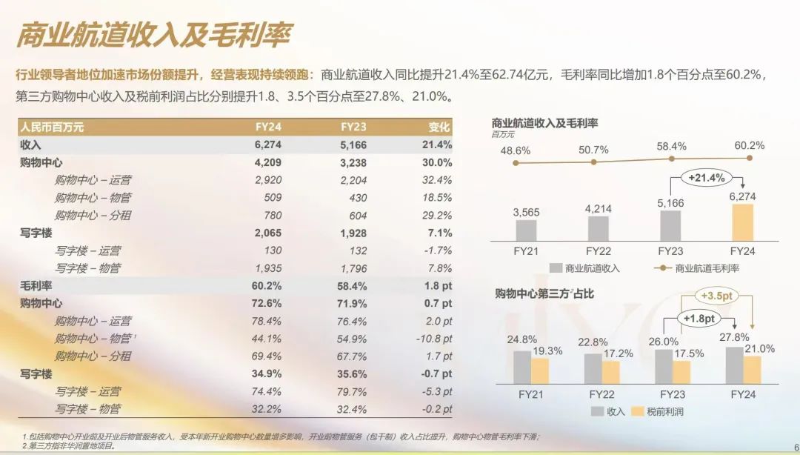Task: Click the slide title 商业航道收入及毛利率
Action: [x=154, y=35]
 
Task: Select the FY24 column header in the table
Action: [x=268, y=127]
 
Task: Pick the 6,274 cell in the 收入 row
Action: [x=268, y=145]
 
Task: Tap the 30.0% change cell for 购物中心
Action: [x=436, y=162]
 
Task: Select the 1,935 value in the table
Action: [x=267, y=268]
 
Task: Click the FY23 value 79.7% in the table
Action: [x=352, y=391]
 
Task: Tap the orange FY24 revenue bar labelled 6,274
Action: [x=742, y=222]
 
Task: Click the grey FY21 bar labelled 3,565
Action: [x=526, y=230]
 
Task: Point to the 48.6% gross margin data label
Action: [x=516, y=150]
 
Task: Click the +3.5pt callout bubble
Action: [x=716, y=296]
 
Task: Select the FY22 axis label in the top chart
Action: [x=598, y=250]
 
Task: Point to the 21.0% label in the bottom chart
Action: [x=759, y=349]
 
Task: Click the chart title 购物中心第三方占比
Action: [x=544, y=294]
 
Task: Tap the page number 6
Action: [x=795, y=448]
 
